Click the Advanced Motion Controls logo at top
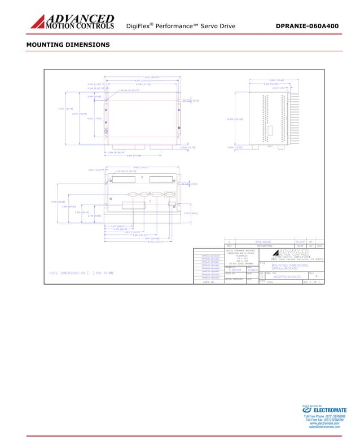tap(72, 22)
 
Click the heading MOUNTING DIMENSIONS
tap(68, 45)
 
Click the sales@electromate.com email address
tap(324, 426)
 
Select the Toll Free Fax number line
tap(324, 420)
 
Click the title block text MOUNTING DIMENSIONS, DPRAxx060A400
tap(290, 267)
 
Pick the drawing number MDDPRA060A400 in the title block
tap(286, 276)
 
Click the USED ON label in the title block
tap(208, 281)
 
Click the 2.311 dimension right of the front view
tap(191, 213)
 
